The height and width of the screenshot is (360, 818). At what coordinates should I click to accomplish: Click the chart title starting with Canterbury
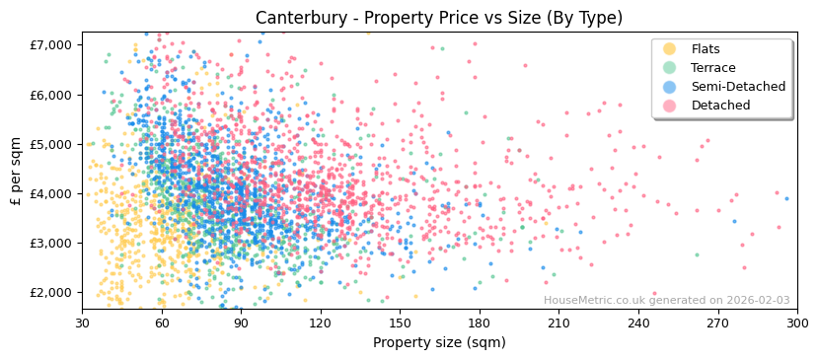click(439, 18)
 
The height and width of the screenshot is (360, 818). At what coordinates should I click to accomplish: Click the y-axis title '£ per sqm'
click(16, 172)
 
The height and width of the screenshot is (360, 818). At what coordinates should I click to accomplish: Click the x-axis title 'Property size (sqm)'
click(439, 342)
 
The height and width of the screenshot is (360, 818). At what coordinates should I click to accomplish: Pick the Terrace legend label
click(713, 68)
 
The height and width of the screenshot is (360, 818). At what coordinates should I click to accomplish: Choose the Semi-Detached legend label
click(738, 87)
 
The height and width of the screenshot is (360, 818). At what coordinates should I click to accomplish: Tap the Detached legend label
click(720, 106)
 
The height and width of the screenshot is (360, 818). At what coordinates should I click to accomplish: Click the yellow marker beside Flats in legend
click(670, 49)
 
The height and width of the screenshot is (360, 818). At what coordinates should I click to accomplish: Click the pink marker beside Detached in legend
click(670, 106)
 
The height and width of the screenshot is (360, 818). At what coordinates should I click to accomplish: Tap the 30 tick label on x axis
click(82, 323)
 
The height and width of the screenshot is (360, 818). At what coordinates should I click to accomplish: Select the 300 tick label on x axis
click(797, 323)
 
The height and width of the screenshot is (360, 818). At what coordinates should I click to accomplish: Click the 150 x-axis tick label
click(400, 323)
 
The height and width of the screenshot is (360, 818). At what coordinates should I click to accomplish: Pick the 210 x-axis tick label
click(558, 323)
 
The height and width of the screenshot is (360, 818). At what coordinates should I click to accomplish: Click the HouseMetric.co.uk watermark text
click(666, 301)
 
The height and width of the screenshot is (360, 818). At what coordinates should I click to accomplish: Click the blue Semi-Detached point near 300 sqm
click(786, 198)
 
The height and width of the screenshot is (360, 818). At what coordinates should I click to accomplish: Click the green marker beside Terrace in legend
click(670, 68)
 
